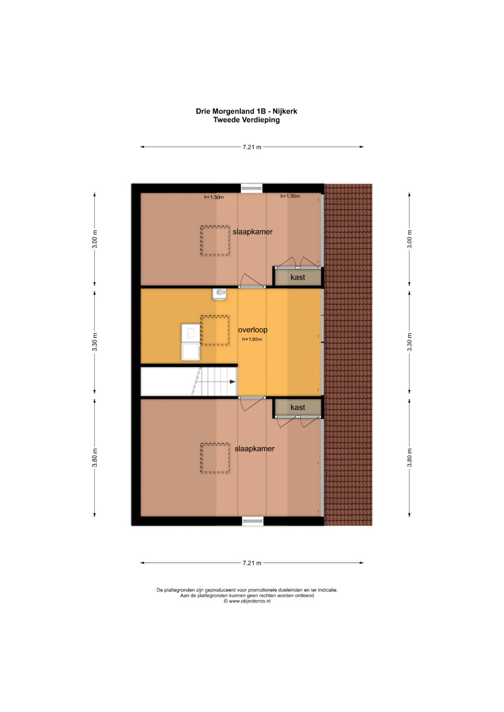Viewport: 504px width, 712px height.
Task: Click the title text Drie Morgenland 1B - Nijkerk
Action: pyautogui.click(x=246, y=111)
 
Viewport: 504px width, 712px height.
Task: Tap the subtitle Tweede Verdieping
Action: pyautogui.click(x=246, y=120)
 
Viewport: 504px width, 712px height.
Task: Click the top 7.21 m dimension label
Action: pyautogui.click(x=252, y=147)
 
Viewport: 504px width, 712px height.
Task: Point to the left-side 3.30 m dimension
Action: pyautogui.click(x=94, y=342)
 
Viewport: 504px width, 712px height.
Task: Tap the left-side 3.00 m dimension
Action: pyautogui.click(x=94, y=239)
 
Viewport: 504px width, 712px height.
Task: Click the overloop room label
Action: pyautogui.click(x=252, y=330)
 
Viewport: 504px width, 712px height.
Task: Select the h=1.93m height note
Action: pyautogui.click(x=252, y=339)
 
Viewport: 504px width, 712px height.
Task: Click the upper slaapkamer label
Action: pyautogui.click(x=252, y=232)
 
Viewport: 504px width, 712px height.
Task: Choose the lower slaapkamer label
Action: pyautogui.click(x=254, y=449)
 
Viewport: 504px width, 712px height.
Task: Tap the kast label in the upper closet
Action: pyautogui.click(x=298, y=277)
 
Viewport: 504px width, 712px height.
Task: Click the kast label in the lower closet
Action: pyautogui.click(x=298, y=407)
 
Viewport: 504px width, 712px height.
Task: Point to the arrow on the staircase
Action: pyautogui.click(x=232, y=382)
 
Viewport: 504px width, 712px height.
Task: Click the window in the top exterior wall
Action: pyautogui.click(x=252, y=188)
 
